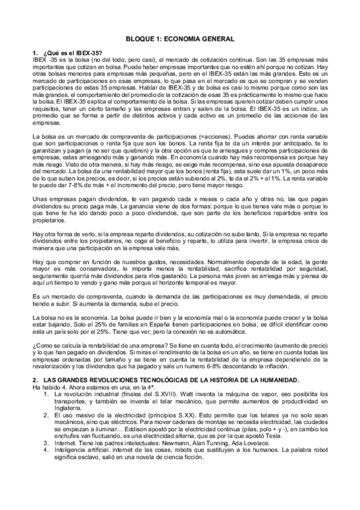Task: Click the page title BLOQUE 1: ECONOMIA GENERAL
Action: point(180,38)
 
